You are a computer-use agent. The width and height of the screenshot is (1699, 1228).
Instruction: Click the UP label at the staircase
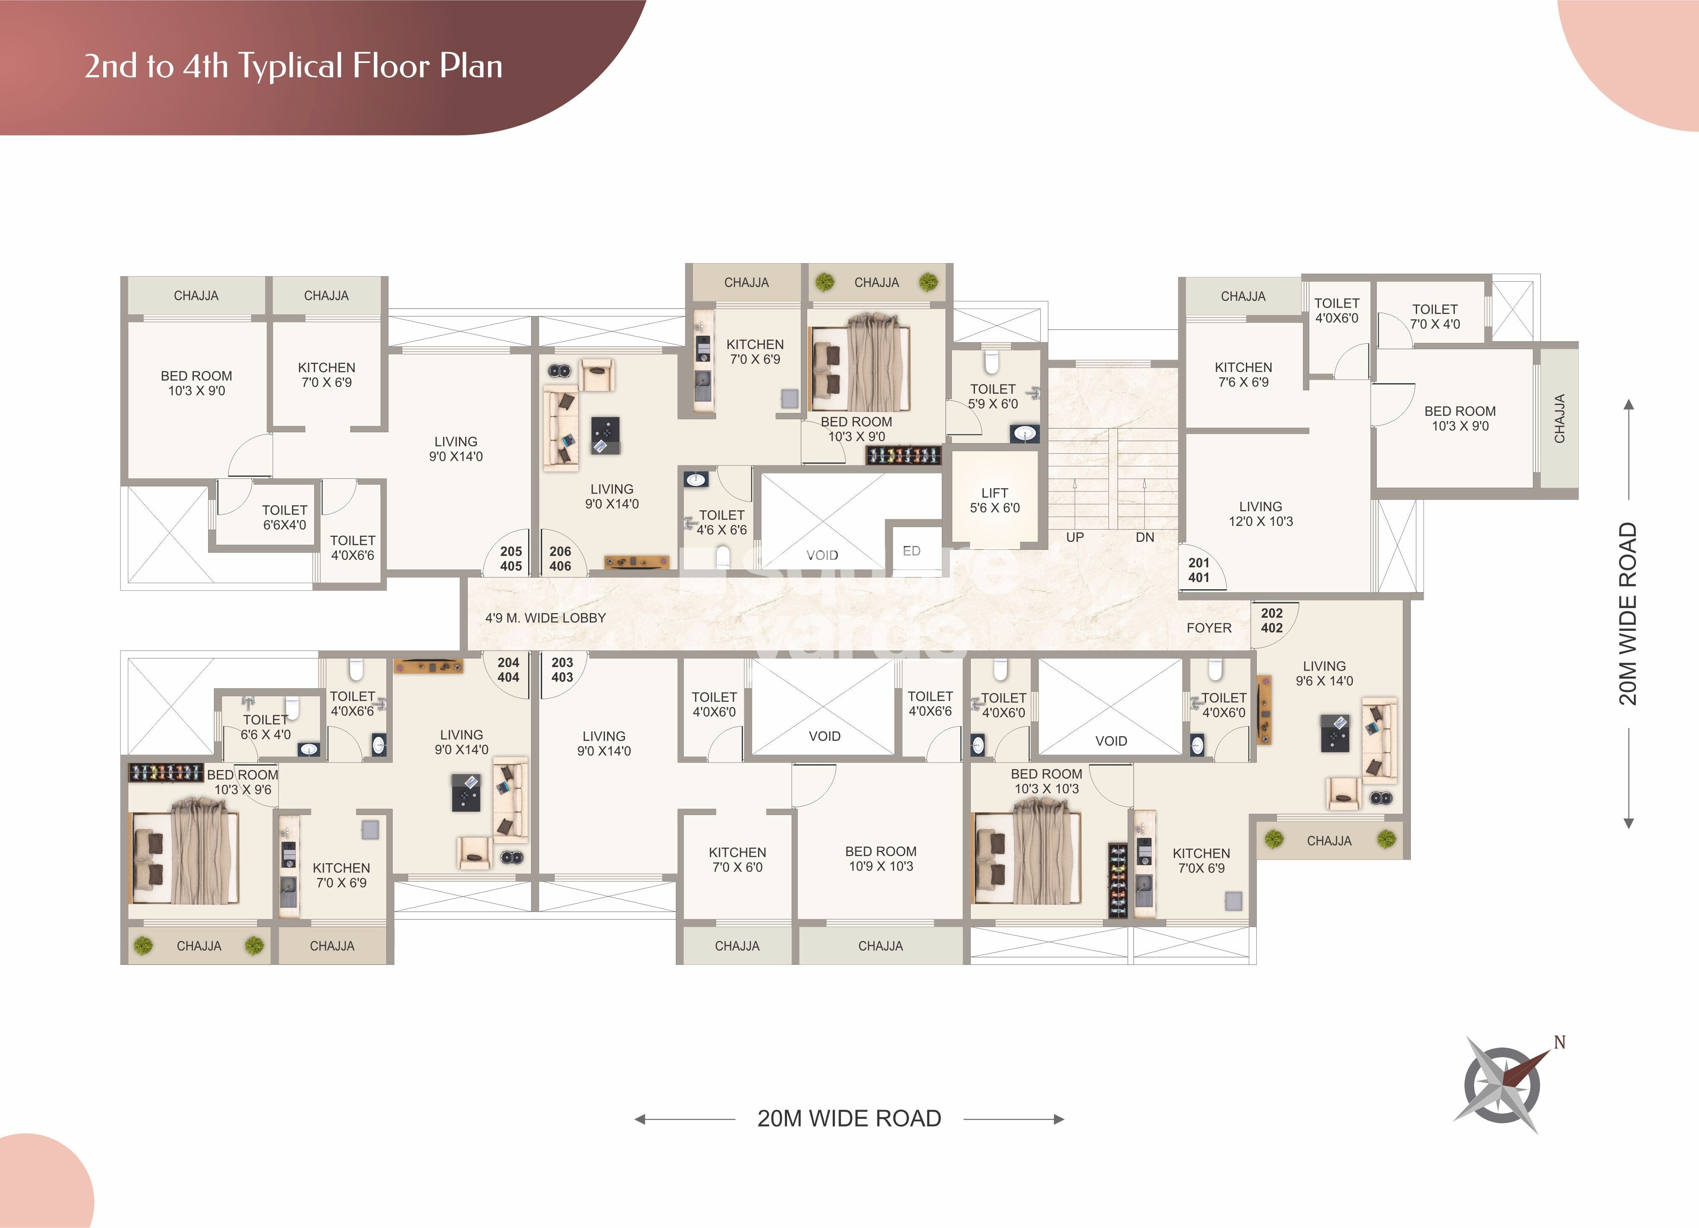(x=1075, y=537)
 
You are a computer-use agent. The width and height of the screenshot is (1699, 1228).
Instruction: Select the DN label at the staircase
(x=1145, y=537)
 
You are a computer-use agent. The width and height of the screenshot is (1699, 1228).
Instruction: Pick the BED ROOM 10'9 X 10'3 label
(x=881, y=859)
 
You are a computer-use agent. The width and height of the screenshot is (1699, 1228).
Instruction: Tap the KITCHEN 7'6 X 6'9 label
(x=1243, y=375)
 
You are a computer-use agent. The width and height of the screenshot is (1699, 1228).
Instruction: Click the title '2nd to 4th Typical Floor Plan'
(x=293, y=66)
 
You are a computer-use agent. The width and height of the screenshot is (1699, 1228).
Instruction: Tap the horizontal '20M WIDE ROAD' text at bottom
(x=849, y=1118)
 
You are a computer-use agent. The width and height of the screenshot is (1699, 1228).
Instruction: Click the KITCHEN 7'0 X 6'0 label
(x=737, y=860)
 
